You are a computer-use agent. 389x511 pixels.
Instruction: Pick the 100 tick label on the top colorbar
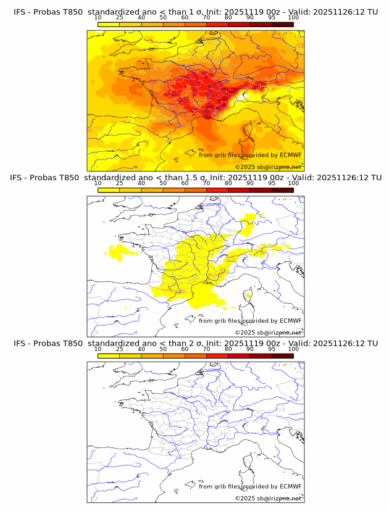293,18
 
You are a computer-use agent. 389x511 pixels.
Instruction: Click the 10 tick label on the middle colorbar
98,183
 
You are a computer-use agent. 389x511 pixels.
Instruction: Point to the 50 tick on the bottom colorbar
163,349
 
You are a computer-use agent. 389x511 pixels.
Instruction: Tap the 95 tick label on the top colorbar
272,18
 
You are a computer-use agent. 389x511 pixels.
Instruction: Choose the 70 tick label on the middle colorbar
206,183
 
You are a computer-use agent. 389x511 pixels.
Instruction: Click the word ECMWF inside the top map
290,155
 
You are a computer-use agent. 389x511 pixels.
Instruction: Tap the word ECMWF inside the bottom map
290,486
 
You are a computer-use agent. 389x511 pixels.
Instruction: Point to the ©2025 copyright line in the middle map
268,333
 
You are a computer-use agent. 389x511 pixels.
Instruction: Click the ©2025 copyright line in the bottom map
268,498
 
